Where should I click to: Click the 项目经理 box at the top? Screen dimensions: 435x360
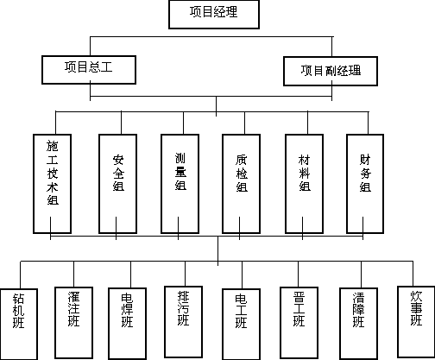coord(214,15)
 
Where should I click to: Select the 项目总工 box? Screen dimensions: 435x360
coord(89,70)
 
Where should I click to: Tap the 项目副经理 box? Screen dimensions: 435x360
coord(331,71)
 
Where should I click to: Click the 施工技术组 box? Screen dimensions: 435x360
coord(52,184)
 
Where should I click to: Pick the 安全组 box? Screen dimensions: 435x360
coord(117,184)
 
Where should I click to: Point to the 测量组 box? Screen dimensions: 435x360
coord(180,184)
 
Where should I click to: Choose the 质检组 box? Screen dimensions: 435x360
coord(241,184)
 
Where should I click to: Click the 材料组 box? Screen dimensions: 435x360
coord(304,184)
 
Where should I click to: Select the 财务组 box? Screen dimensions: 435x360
coord(365,184)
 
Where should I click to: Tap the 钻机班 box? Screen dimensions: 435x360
coord(19,325)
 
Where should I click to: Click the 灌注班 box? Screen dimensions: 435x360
coord(73,323)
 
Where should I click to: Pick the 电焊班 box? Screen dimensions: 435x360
coord(127,324)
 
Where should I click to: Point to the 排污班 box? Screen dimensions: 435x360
coord(183,322)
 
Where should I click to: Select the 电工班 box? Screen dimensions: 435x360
coord(241,325)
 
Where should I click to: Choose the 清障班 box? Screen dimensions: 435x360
coord(358,324)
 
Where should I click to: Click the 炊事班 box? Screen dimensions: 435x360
coord(416,322)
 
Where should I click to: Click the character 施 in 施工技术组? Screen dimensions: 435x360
coord(53,146)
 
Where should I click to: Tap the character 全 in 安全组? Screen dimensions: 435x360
coord(118,174)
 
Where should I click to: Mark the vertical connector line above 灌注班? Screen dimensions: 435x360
coord(73,274)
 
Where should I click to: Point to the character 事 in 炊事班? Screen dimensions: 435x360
coord(416,308)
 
